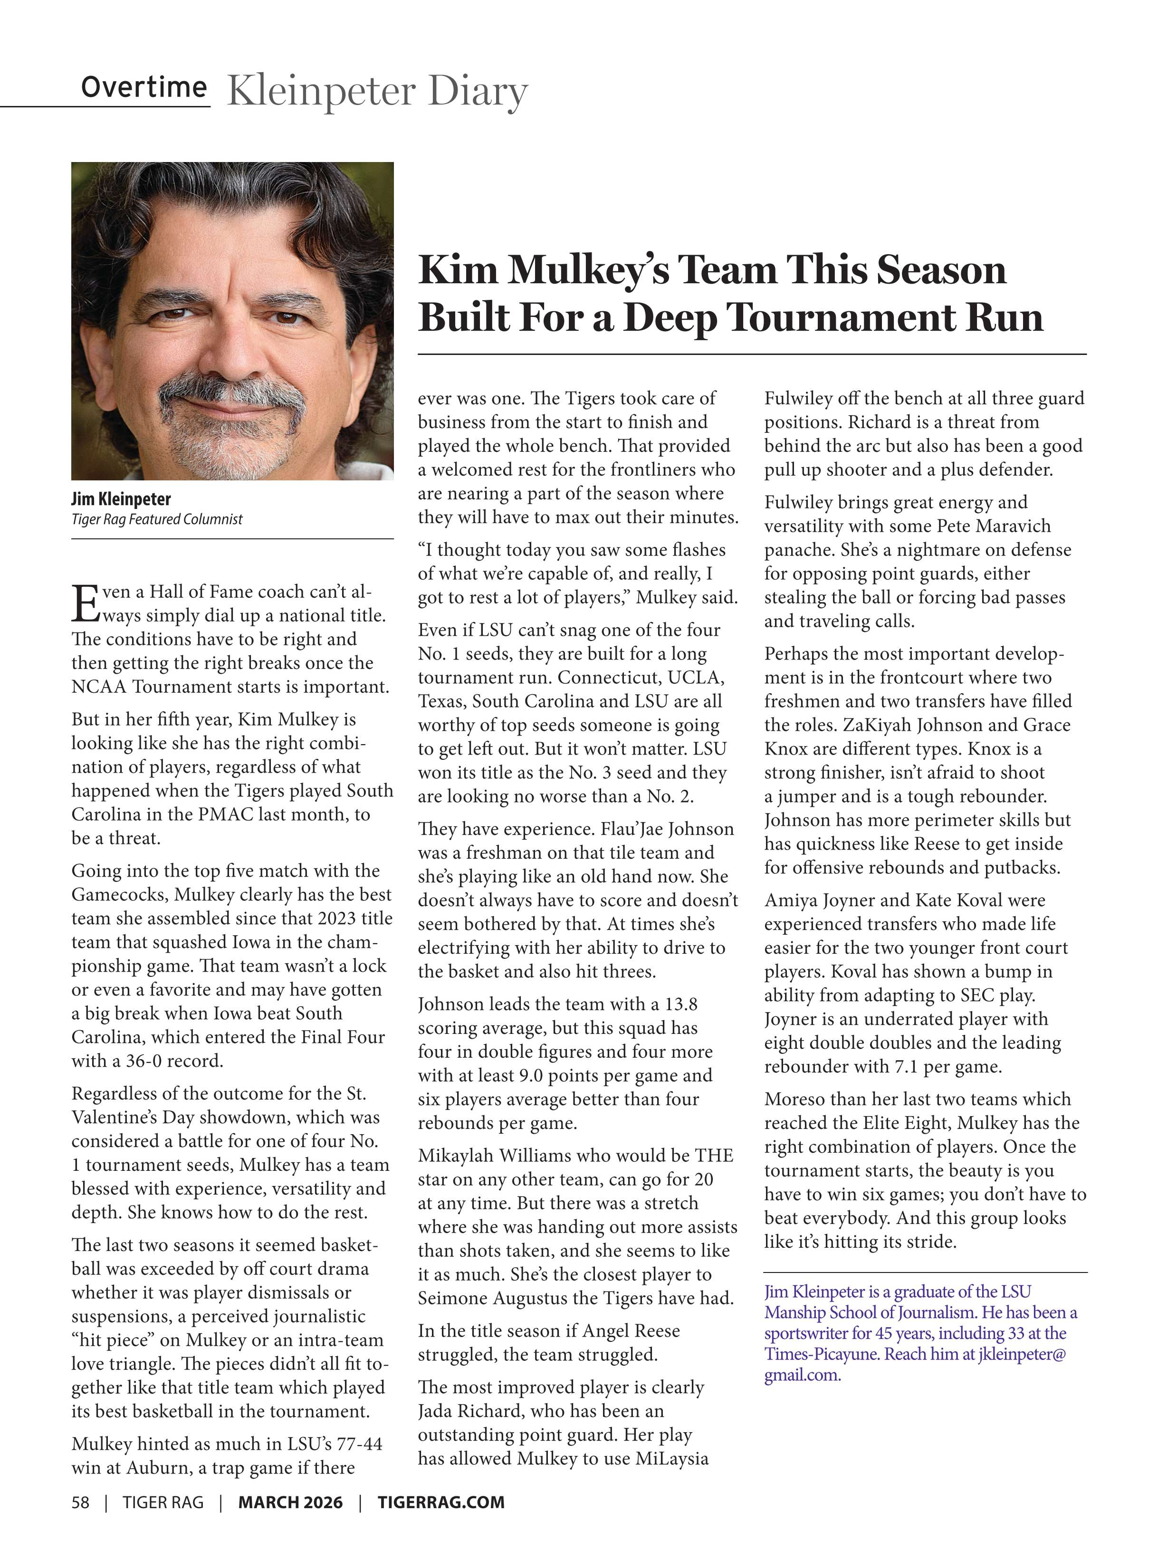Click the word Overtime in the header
(144, 87)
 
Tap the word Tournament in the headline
(839, 317)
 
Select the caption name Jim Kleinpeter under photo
(121, 499)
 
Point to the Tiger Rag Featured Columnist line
(156, 519)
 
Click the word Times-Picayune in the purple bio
(820, 1354)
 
